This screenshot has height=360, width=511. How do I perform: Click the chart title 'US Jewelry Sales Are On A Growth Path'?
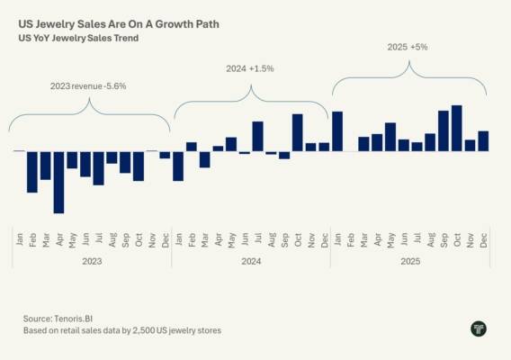coord(119,24)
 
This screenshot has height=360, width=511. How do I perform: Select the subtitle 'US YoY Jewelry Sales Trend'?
coord(78,38)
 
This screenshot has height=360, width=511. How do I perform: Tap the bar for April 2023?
coord(59,183)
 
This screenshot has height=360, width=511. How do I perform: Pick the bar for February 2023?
coord(32,172)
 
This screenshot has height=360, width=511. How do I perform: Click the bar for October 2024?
coord(298,132)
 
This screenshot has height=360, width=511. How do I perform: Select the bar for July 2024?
coord(258,136)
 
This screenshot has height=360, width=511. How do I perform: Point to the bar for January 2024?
coord(178,166)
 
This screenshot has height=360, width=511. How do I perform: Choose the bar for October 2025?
coord(457,128)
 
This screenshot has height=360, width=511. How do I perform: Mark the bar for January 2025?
coord(337,131)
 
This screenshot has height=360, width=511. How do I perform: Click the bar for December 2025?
coord(483,141)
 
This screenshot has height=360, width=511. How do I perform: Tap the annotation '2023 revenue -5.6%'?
coord(88,86)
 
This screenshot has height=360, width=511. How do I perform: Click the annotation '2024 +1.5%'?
coord(250,68)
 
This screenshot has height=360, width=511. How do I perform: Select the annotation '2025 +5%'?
coord(408,47)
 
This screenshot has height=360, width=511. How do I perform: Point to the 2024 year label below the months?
coord(251,261)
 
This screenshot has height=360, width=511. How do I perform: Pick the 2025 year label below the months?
coord(410,261)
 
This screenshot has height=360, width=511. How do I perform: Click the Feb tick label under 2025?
coord(351,239)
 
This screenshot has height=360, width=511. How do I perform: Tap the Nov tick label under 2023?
coord(152,240)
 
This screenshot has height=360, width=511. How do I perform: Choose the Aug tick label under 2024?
coord(272,239)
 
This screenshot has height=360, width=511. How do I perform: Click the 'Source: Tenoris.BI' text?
coord(58,319)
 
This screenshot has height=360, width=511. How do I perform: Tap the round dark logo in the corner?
coord(479,328)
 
